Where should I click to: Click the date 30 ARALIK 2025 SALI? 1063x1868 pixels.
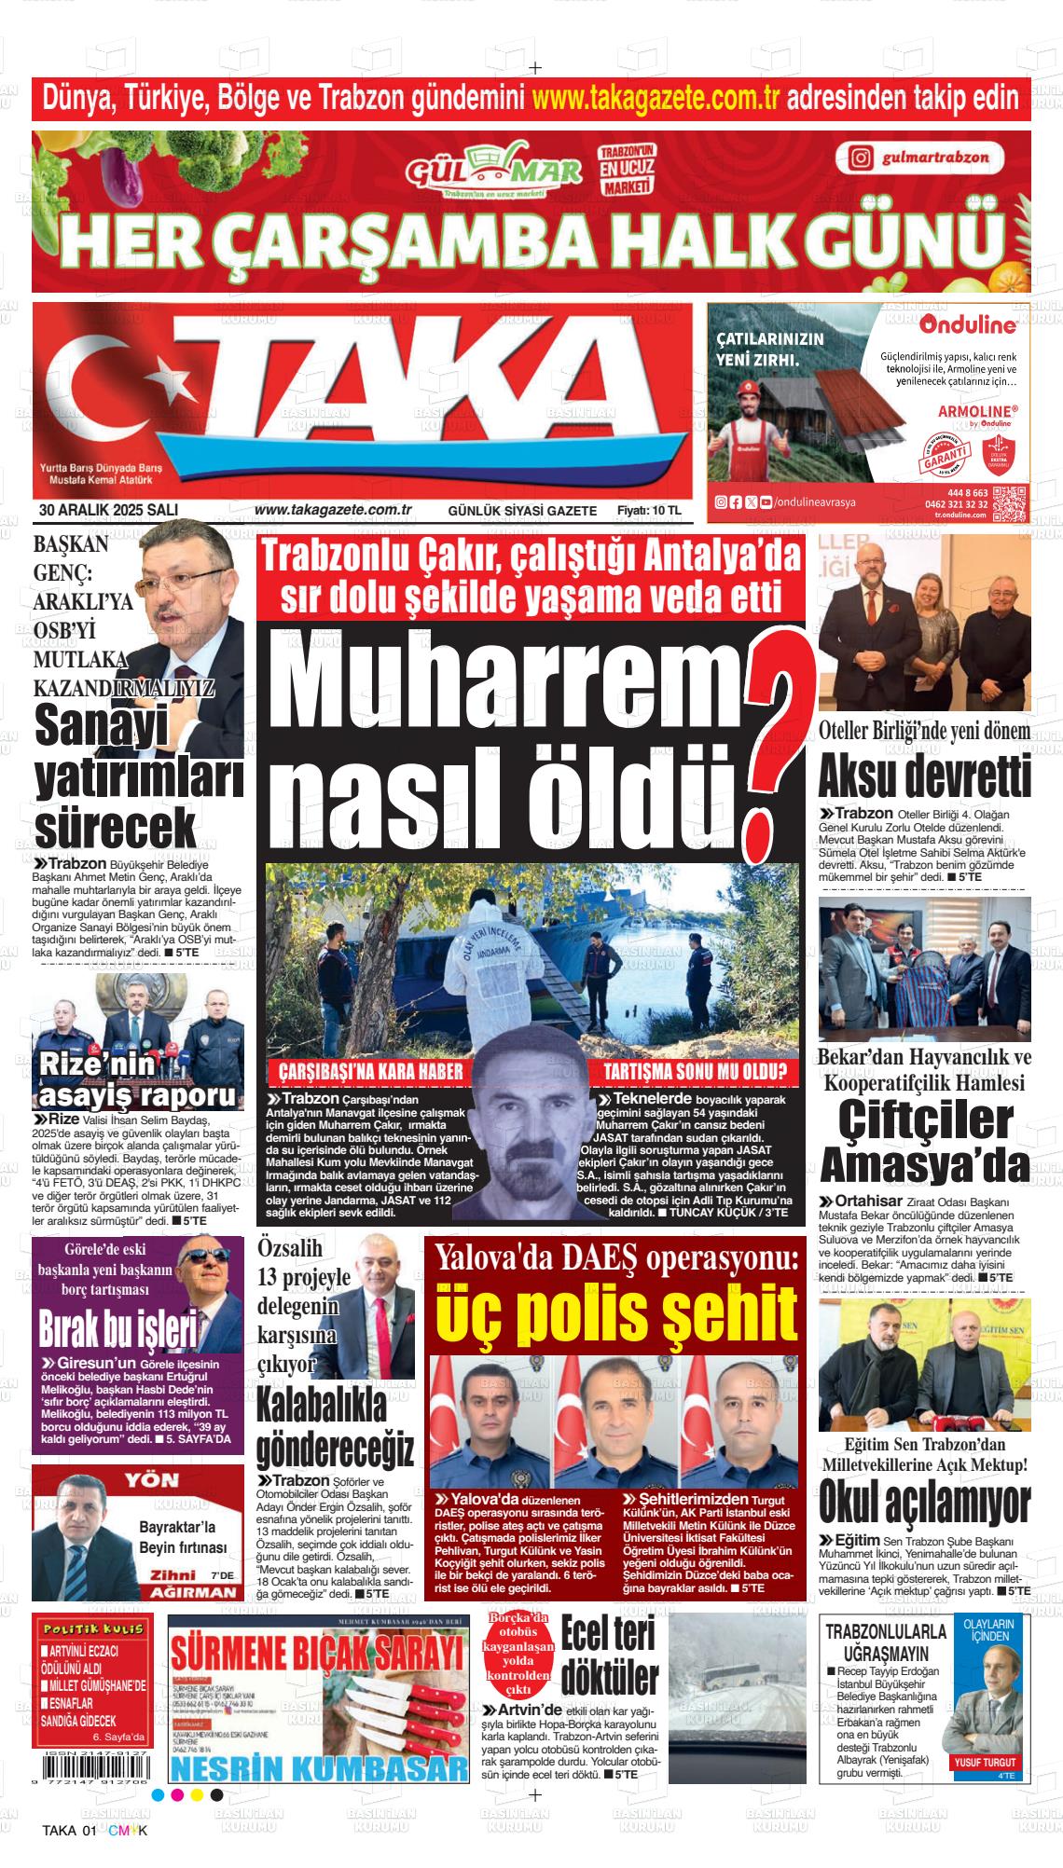coord(108,510)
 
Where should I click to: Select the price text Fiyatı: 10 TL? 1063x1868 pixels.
coord(649,511)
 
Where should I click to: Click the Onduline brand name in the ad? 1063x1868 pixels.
coord(967,325)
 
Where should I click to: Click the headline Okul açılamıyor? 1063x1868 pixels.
coord(924,1502)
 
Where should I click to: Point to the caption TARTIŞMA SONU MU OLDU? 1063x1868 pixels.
coord(696,1069)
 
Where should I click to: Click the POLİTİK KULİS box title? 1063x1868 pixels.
coord(91,1628)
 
